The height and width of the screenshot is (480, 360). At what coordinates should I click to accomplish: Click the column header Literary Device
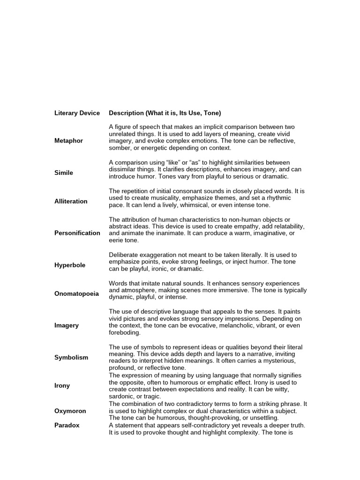[77, 113]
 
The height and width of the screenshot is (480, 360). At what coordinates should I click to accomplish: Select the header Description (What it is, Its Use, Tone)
[165, 113]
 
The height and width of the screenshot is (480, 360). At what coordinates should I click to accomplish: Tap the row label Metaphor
[68, 141]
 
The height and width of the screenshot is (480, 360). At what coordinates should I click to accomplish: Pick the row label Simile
[64, 172]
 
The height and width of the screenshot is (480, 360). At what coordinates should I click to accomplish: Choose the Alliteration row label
[71, 201]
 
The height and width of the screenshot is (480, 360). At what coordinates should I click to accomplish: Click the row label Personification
[77, 233]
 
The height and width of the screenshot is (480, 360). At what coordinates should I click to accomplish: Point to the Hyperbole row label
[70, 265]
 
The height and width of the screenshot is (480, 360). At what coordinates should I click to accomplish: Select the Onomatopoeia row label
[77, 293]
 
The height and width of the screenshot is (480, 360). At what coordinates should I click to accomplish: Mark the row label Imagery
[67, 325]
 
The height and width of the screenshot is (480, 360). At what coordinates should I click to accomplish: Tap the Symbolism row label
[71, 357]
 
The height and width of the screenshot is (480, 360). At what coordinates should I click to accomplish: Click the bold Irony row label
[62, 385]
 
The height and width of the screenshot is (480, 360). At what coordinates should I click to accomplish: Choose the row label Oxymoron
[70, 411]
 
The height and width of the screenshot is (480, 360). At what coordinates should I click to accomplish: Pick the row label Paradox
[67, 425]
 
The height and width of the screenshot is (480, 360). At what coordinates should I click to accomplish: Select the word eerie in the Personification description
[117, 240]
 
